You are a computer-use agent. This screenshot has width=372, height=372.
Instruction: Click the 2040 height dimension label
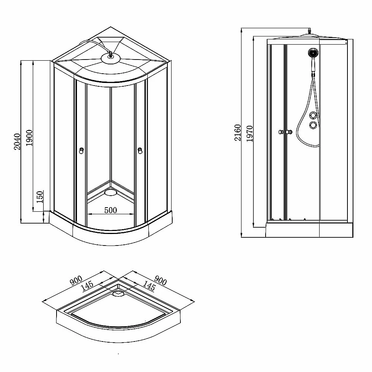(x=17, y=142)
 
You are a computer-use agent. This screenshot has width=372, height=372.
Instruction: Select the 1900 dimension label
(x=29, y=138)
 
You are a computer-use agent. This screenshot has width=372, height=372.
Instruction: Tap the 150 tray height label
(x=40, y=197)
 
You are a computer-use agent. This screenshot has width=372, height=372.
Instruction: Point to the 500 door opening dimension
(x=110, y=210)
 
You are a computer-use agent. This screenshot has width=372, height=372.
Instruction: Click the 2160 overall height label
(x=237, y=133)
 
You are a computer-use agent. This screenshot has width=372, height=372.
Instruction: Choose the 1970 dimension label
(x=249, y=134)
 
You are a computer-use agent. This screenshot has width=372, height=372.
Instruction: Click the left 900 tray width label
(x=76, y=280)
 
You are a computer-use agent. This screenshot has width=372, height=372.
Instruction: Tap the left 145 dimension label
(x=87, y=286)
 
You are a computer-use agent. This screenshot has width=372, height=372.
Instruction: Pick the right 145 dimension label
(x=149, y=286)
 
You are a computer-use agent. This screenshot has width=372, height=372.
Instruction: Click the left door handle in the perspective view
(x=81, y=151)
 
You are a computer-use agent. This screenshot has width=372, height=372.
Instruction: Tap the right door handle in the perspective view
(x=140, y=151)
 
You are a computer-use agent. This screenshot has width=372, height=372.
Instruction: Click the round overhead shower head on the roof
(x=110, y=58)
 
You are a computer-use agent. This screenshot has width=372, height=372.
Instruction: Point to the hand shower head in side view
(x=313, y=53)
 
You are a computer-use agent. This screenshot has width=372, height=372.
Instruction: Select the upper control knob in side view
(x=313, y=116)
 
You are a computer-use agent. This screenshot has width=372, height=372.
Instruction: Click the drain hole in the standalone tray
(x=118, y=294)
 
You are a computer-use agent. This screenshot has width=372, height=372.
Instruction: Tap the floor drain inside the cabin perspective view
(x=110, y=192)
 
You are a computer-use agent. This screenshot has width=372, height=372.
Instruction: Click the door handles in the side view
(x=285, y=132)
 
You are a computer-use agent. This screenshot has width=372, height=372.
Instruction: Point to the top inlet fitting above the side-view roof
(x=309, y=31)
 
